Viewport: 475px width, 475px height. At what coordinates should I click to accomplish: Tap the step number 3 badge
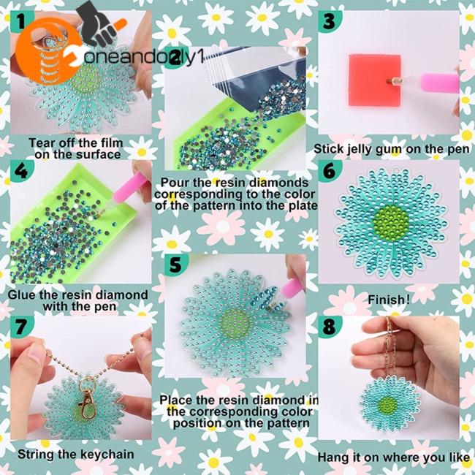330,22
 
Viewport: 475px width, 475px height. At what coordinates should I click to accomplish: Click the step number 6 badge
330,171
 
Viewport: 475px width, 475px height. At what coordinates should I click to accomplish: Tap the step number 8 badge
330,327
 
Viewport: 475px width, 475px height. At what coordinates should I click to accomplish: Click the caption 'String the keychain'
75,454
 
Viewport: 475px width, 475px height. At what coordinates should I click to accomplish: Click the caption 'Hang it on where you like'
393,457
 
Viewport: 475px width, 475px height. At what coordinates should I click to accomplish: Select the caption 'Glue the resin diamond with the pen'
77,301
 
